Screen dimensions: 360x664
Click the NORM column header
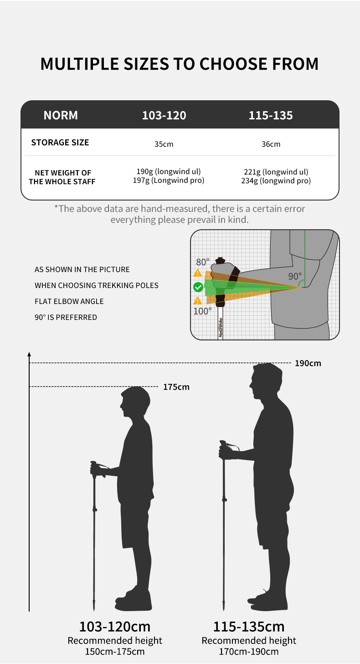coord(61,115)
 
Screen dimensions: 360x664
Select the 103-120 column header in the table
coord(164,116)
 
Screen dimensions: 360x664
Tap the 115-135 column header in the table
coord(271,116)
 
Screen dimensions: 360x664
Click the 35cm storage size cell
coord(164,144)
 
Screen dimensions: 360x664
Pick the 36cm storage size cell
coord(271,144)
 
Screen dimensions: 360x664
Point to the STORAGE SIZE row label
coord(60,143)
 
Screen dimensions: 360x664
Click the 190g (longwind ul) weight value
coord(169,171)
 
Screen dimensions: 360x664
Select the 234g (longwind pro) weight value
coord(276,180)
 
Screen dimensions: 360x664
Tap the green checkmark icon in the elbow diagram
coord(198,287)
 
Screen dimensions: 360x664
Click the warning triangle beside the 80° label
coord(198,273)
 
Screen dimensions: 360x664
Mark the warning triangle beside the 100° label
coord(198,301)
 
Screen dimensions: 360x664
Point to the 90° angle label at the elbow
coord(295,276)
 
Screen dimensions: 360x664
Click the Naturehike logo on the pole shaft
coord(221,327)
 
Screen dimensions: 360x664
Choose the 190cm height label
coord(308,363)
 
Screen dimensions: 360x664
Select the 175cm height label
coord(176,387)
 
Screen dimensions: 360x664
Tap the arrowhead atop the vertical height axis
coord(29,354)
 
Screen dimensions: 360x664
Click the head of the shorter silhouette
coord(135,401)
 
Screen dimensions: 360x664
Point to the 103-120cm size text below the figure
coord(115,627)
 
